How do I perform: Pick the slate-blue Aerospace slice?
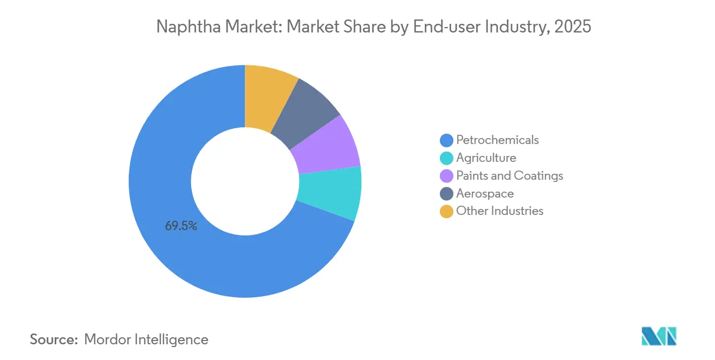303,111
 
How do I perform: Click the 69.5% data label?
181,226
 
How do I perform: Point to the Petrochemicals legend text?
497,140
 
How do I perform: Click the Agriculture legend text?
486,158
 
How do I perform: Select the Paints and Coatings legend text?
509,176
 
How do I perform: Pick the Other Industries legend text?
499,211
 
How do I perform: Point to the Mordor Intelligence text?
146,340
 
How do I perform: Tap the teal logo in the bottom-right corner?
659,336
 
